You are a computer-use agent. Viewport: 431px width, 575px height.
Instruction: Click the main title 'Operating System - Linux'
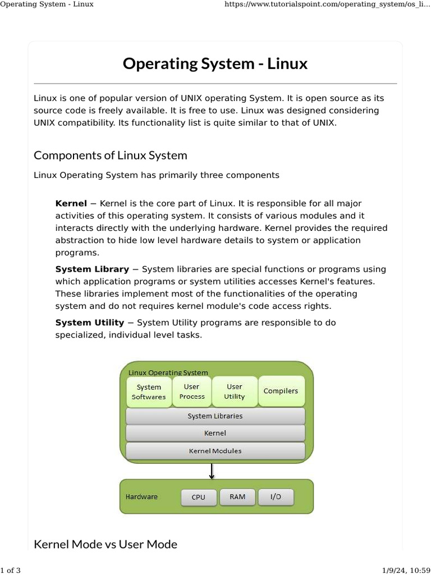[x=215, y=63]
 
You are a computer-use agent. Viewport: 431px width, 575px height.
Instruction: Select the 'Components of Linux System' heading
[x=111, y=155]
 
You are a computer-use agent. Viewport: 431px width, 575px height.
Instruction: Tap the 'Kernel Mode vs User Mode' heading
[x=106, y=544]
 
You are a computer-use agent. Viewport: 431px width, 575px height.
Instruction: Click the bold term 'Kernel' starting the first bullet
[x=71, y=203]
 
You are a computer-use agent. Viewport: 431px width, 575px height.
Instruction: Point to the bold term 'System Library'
[x=92, y=269]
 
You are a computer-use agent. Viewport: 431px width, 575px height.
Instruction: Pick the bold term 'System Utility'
[x=90, y=322]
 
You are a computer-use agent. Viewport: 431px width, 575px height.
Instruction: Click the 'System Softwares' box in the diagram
[x=149, y=392]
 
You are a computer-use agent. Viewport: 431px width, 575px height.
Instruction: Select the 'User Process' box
[x=192, y=391]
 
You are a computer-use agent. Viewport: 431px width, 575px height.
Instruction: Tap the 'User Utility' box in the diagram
[x=235, y=391]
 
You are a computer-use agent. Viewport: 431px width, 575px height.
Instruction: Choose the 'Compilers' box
[x=281, y=391]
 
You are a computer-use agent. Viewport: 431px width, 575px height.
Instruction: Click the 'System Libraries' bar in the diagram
[x=215, y=416]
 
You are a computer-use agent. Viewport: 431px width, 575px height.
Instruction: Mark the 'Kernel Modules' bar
[x=215, y=451]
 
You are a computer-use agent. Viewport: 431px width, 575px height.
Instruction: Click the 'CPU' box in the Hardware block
[x=198, y=498]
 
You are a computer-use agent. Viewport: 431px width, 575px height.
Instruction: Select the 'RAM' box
[x=237, y=497]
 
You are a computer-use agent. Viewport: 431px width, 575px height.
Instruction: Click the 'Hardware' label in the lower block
[x=141, y=497]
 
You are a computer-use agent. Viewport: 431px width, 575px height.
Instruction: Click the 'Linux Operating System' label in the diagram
[x=168, y=372]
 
